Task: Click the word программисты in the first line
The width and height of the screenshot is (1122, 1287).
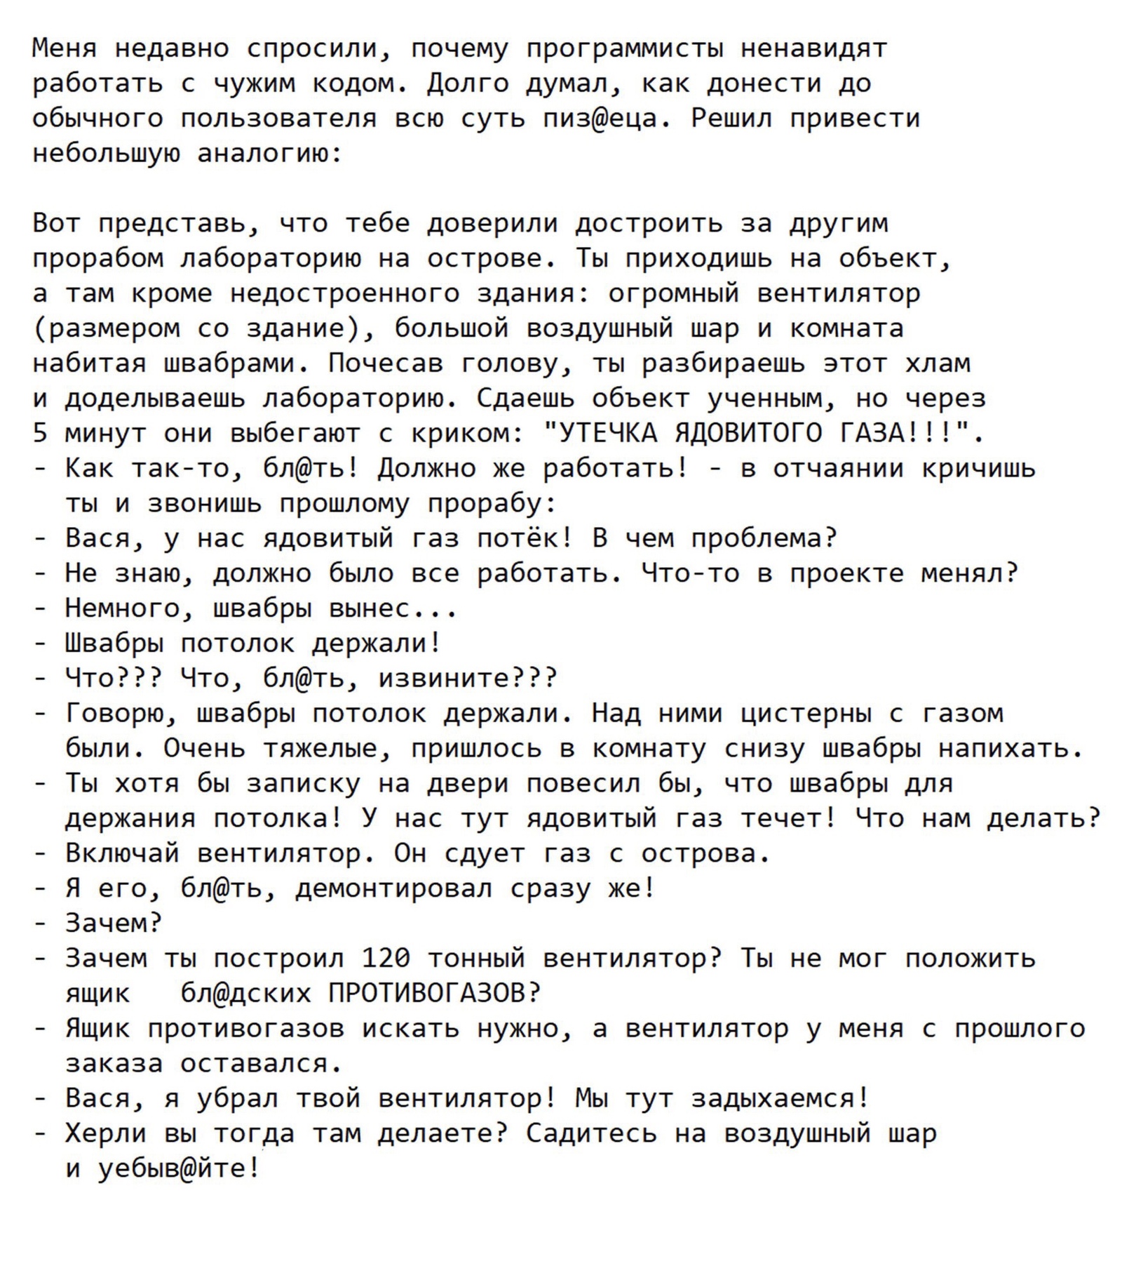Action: tap(625, 48)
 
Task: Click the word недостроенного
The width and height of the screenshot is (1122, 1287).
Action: tap(344, 293)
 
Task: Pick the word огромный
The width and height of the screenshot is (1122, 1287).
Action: tap(673, 293)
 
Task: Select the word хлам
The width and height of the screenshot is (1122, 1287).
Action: tap(938, 364)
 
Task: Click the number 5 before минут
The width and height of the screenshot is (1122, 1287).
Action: tap(40, 434)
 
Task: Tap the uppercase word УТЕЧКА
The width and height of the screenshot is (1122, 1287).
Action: tap(607, 434)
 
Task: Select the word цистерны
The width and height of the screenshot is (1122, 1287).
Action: tap(806, 714)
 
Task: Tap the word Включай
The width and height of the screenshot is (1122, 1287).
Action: tap(123, 854)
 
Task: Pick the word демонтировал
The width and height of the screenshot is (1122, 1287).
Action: tap(393, 889)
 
